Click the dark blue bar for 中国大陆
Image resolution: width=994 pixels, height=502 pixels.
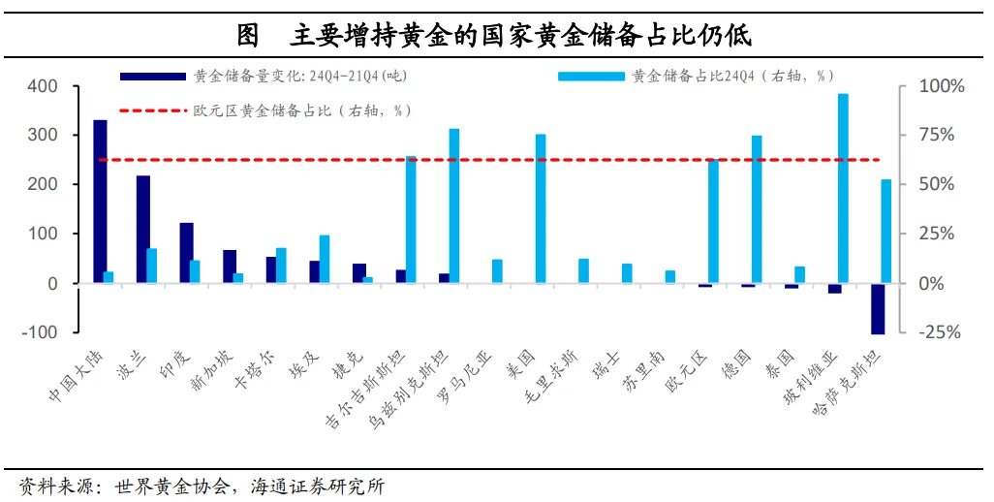pyautogui.click(x=100, y=202)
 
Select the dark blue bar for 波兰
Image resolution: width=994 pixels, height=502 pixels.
pyautogui.click(x=143, y=229)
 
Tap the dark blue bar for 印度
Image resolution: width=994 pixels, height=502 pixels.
pyautogui.click(x=186, y=253)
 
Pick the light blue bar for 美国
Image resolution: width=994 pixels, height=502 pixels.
pyautogui.click(x=541, y=208)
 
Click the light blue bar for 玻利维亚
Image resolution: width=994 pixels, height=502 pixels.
pyautogui.click(x=843, y=188)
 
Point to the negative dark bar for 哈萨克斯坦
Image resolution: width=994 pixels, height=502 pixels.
pyautogui.click(x=878, y=308)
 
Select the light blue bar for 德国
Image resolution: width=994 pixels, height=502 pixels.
pyautogui.click(x=757, y=209)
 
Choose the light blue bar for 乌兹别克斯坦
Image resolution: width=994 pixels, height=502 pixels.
pyautogui.click(x=453, y=205)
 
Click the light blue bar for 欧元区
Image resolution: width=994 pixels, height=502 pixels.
pyautogui.click(x=713, y=221)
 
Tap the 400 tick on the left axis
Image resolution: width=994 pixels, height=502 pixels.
pyautogui.click(x=44, y=86)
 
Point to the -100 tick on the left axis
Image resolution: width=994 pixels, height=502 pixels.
pyautogui.click(x=41, y=332)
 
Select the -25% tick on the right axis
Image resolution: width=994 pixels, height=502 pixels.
pyautogui.click(x=939, y=332)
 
